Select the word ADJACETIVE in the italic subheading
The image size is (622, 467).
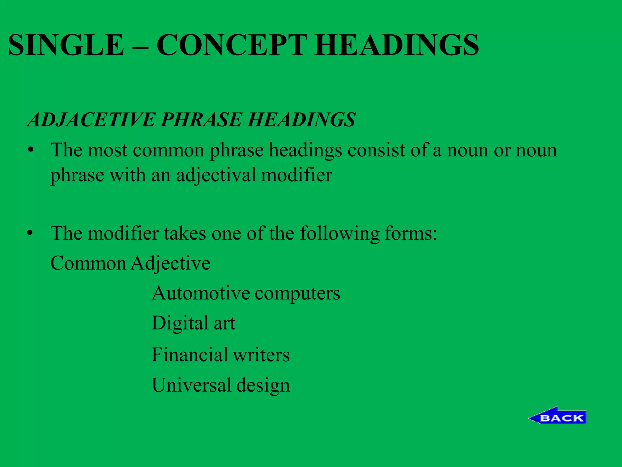91,119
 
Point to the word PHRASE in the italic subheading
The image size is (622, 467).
201,119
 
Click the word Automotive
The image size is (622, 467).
200,293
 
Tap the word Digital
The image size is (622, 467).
179,323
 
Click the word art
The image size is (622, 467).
224,323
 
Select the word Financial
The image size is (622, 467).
190,355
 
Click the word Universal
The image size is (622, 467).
191,385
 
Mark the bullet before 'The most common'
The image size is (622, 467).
30,150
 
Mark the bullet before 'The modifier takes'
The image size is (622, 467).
30,233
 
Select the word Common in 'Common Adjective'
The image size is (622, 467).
88,263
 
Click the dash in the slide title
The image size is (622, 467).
140,46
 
